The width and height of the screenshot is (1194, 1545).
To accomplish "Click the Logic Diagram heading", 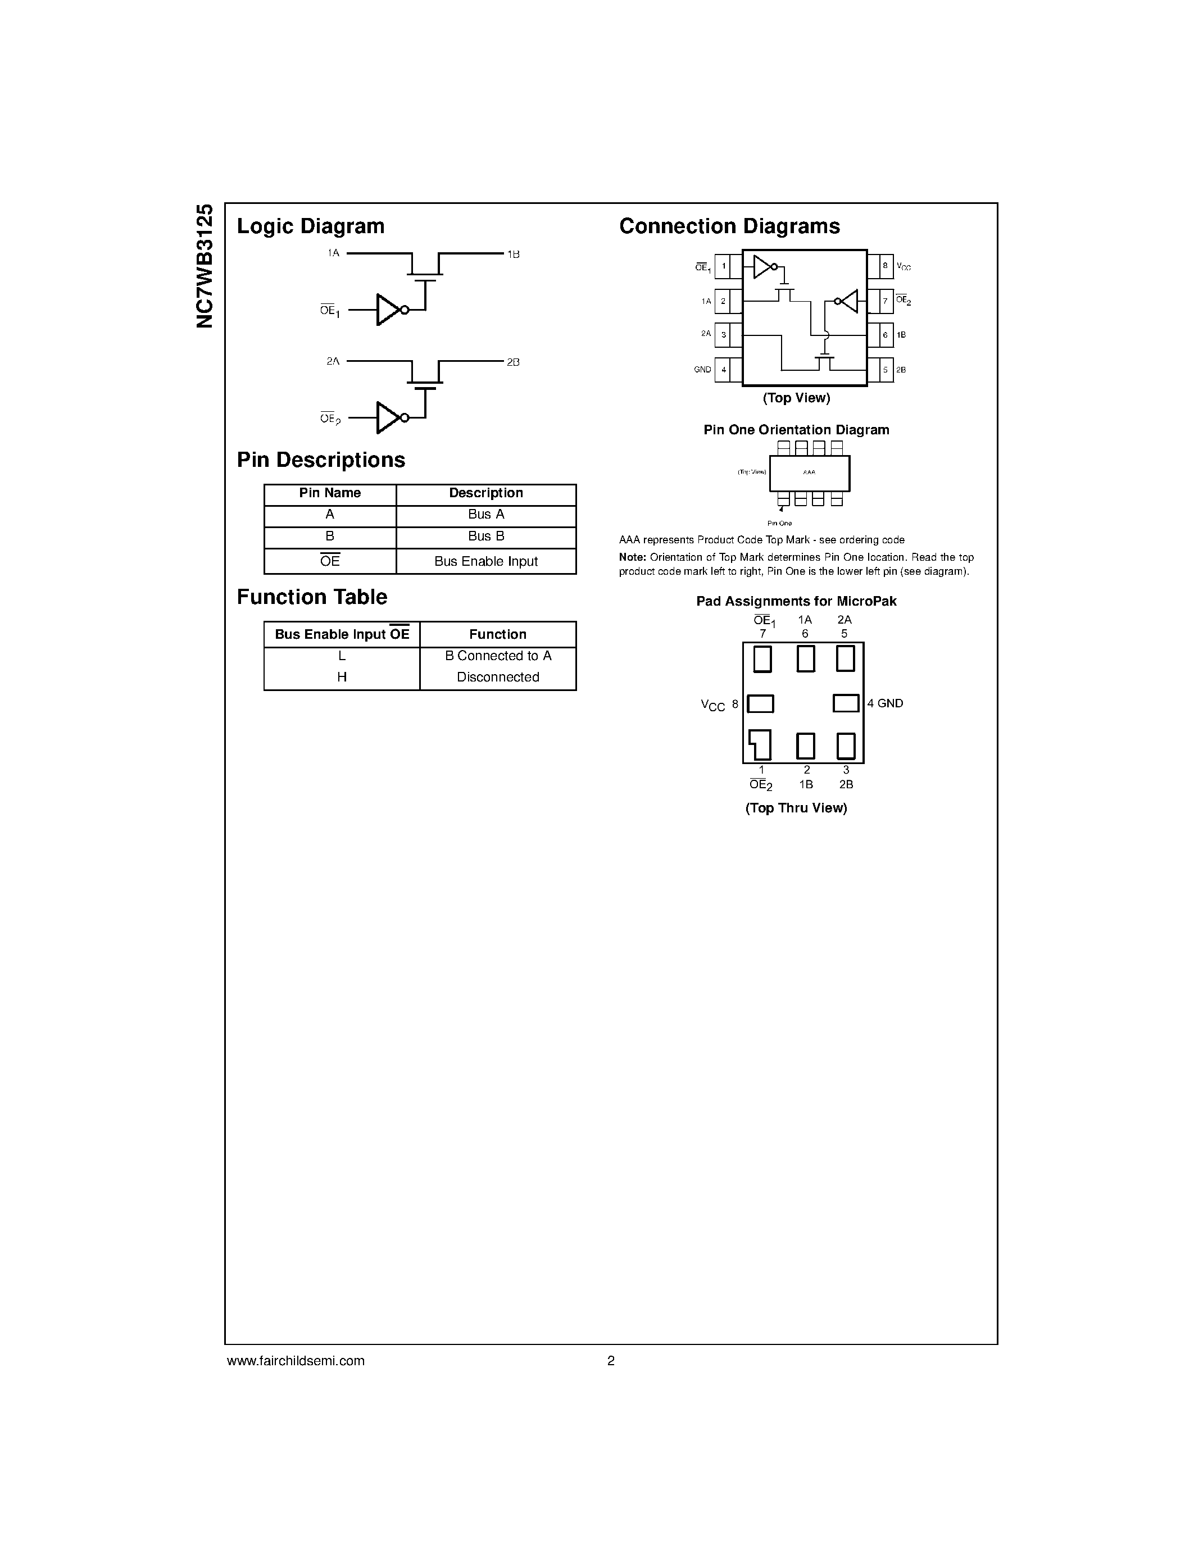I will [311, 226].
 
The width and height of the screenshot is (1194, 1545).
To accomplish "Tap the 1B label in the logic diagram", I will [514, 254].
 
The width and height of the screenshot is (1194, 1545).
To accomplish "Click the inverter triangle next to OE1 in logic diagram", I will [388, 310].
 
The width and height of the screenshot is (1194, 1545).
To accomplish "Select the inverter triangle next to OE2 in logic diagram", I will [388, 417].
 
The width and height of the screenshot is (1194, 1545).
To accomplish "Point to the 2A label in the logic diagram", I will [333, 361].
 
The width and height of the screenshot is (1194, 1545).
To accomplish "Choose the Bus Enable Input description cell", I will [486, 562].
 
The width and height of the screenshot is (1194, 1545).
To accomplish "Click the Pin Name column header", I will [330, 493].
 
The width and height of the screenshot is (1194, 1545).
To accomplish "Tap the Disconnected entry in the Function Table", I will [498, 677].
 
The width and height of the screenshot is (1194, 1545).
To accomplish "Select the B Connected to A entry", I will [498, 656].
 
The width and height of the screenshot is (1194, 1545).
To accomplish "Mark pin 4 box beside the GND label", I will [724, 369].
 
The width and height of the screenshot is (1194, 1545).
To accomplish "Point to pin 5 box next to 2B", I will [885, 369].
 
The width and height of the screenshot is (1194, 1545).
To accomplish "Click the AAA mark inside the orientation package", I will [809, 472].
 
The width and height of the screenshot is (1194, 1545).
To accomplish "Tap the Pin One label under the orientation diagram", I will [779, 524].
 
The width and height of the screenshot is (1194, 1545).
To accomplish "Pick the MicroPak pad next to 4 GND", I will [846, 703].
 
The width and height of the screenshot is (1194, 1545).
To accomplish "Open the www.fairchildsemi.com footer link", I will [296, 1360].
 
